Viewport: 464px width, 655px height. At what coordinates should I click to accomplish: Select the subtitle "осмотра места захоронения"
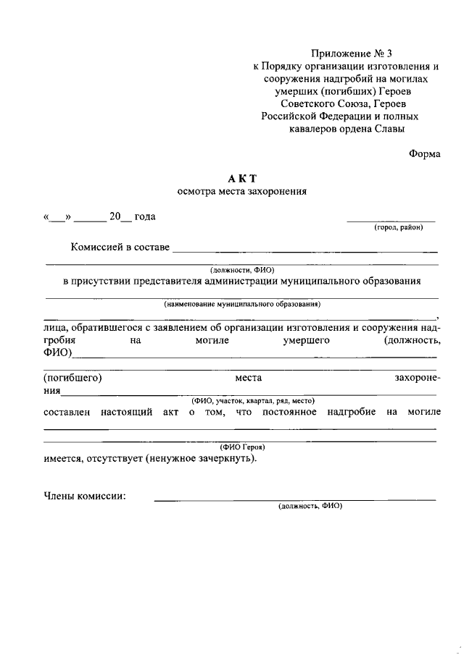[242, 192]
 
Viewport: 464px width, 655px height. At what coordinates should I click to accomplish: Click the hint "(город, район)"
[398, 227]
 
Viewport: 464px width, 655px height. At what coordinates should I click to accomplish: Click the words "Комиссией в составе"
[120, 248]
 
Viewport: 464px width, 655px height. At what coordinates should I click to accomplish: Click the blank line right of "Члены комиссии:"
[294, 499]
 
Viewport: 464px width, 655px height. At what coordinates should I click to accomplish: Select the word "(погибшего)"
[72, 378]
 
